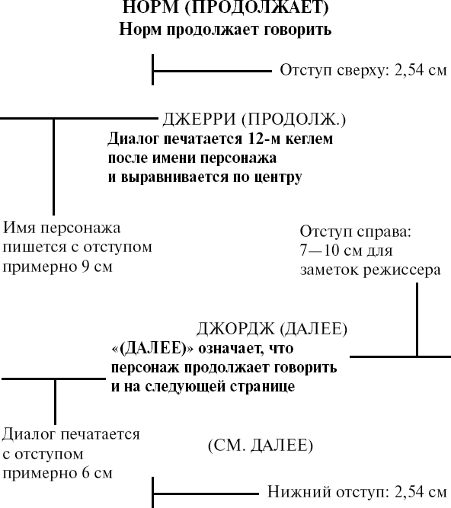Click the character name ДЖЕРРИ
point(199,119)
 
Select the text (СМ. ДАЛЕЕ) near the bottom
point(261,446)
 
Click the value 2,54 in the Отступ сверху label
point(408,70)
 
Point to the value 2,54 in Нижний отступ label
point(408,492)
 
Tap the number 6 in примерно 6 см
point(86,473)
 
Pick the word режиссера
point(401,270)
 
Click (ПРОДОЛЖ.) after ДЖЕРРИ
point(293,120)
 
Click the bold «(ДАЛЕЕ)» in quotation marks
point(152,348)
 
